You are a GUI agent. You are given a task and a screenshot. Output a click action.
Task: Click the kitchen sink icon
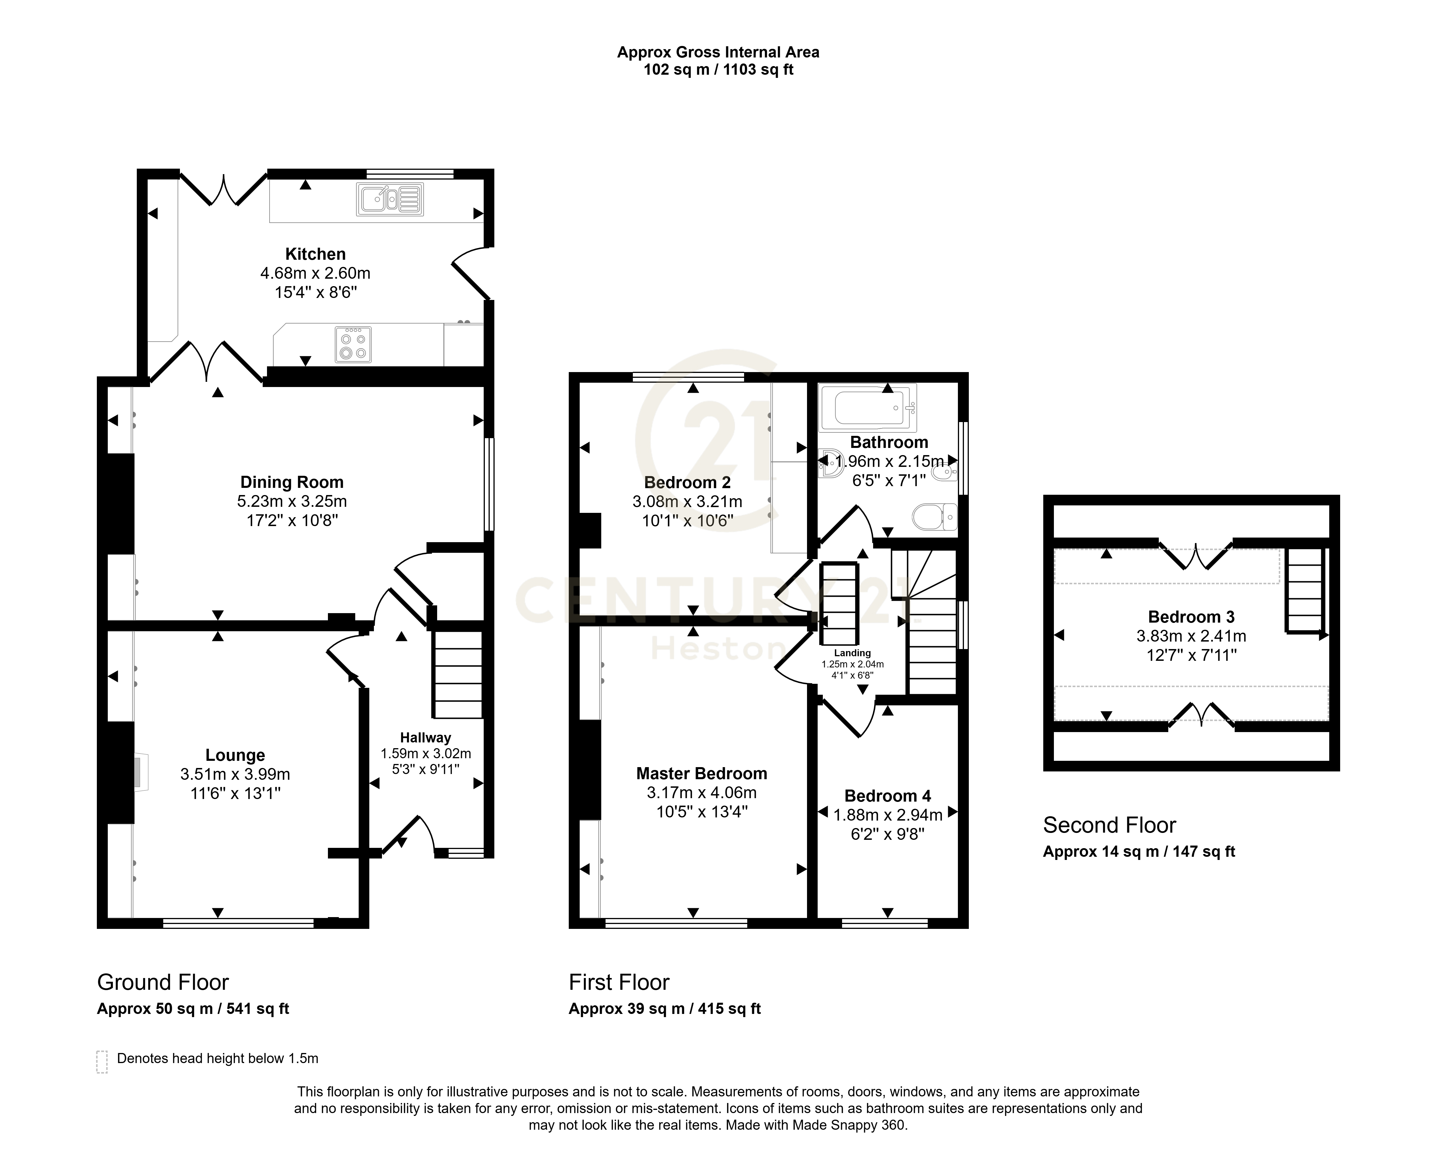click(x=390, y=199)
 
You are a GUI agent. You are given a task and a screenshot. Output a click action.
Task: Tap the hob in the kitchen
click(x=353, y=344)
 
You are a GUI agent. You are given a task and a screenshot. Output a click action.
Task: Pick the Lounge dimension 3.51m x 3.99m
click(x=235, y=774)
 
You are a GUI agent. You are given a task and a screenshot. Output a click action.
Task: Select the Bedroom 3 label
click(x=1191, y=617)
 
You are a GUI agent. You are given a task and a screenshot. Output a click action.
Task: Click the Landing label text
click(x=852, y=653)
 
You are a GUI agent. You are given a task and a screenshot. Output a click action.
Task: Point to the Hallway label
click(x=425, y=738)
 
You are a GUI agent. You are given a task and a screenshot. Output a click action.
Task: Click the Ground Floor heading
click(x=163, y=982)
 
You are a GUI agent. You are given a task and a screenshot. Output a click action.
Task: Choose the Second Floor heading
click(x=1110, y=825)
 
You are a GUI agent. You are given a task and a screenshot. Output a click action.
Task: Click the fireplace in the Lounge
click(x=141, y=773)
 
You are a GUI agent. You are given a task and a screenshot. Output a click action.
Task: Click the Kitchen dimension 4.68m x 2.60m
click(x=315, y=273)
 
